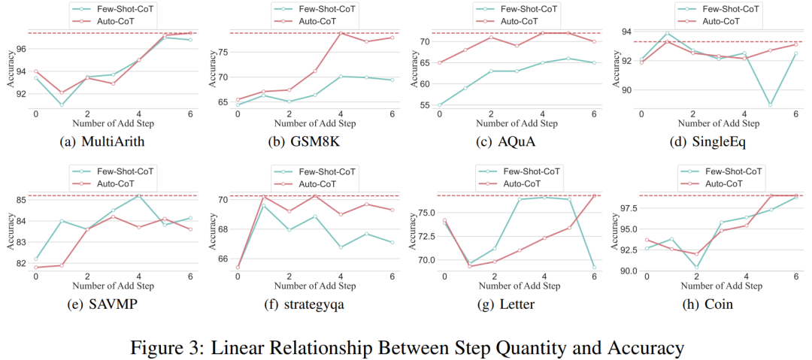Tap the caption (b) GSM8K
click(312, 141)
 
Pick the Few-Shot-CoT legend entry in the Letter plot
click(530, 171)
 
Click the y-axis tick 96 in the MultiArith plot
click(21, 49)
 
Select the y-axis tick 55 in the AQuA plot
click(424, 105)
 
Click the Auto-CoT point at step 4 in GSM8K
click(340, 33)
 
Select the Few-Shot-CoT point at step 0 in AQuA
click(439, 105)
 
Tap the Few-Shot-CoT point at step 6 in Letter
click(594, 268)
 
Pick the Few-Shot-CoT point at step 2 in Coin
click(696, 267)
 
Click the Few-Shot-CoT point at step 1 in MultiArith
click(62, 104)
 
